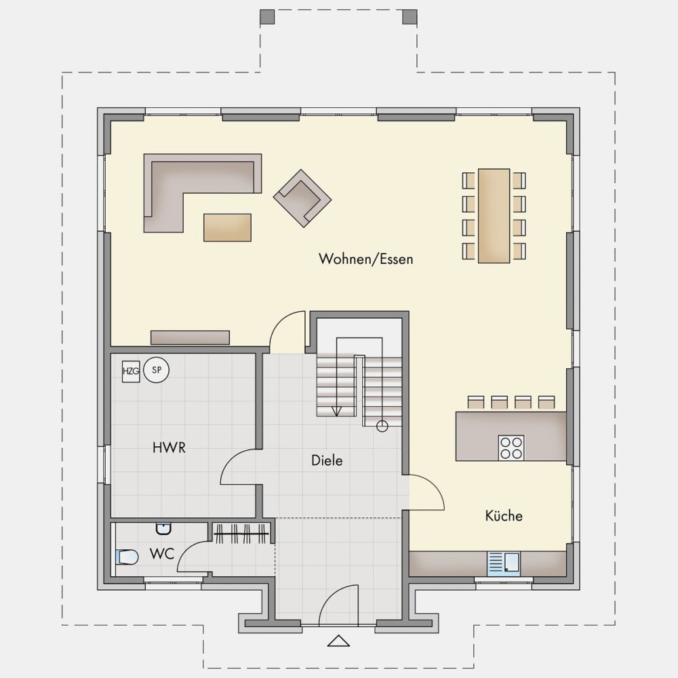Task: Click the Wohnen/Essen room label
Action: (366, 258)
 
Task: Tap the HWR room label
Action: (169, 447)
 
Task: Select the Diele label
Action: (327, 460)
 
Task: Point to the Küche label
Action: (504, 515)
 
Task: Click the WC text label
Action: (162, 553)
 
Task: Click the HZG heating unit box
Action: (131, 372)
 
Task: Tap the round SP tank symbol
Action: (156, 371)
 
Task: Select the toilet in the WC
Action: (127, 557)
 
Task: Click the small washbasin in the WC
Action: (163, 528)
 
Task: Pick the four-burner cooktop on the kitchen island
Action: (511, 447)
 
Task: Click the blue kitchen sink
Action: (504, 564)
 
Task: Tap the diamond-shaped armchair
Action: (302, 197)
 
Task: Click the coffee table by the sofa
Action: (227, 227)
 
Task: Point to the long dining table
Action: (494, 216)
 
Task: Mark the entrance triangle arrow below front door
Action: (338, 641)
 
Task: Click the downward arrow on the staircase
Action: (336, 410)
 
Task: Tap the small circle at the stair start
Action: (382, 426)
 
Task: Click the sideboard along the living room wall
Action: (190, 337)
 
